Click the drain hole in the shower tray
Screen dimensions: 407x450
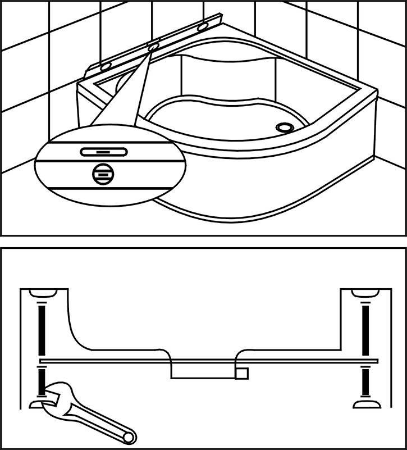coord(285,128)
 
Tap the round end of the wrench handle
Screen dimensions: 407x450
coord(129,436)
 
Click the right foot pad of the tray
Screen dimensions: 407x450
coord(366,403)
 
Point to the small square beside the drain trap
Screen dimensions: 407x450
coord(242,373)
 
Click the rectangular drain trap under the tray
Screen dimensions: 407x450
coord(202,371)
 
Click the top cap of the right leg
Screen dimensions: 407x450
coord(365,294)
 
